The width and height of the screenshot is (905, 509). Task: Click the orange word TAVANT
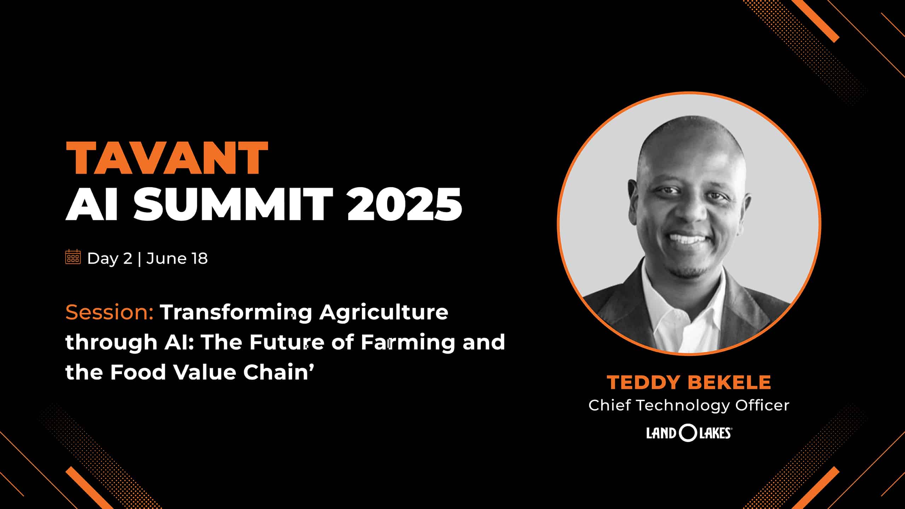[x=167, y=158]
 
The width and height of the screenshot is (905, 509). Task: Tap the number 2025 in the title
[x=404, y=204]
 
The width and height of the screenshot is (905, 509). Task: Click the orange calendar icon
[x=73, y=257]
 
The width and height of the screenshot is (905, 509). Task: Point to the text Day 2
[x=110, y=258]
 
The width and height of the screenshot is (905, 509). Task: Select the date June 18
[x=177, y=258]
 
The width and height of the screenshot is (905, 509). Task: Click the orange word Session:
[x=110, y=312]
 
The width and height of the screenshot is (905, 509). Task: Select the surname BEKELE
[x=729, y=382]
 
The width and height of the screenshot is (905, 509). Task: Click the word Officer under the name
[x=763, y=405]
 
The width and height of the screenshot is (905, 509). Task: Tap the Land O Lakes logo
[x=689, y=433]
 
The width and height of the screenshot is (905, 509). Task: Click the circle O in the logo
[x=688, y=433]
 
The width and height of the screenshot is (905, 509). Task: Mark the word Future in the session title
[x=287, y=343]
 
